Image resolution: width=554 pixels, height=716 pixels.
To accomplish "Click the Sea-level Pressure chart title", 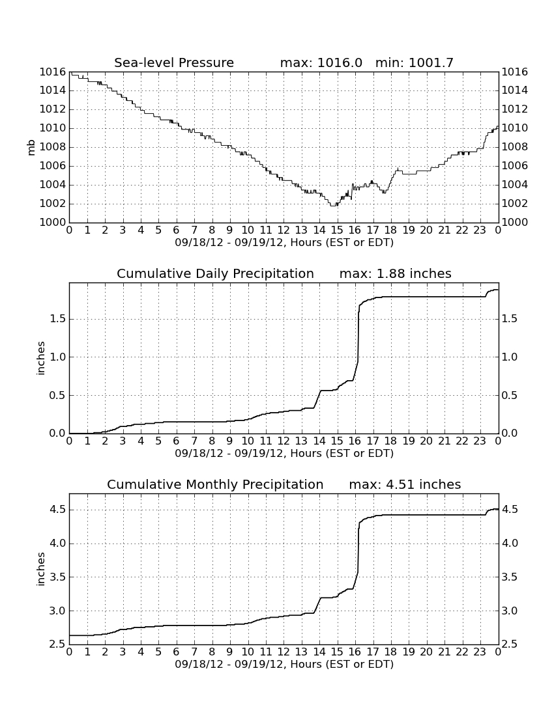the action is (x=174, y=62).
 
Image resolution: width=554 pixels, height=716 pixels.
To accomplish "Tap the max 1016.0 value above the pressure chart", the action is (x=321, y=62).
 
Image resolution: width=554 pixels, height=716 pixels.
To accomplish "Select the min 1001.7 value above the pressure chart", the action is (x=414, y=62).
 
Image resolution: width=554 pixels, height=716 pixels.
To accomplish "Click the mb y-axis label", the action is (x=31, y=147).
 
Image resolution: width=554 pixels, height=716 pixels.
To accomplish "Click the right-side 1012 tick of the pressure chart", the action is (x=515, y=109).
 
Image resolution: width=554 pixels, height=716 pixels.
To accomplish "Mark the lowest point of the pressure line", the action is (x=333, y=206).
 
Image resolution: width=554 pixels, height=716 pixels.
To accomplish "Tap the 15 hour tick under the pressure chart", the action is (x=337, y=230).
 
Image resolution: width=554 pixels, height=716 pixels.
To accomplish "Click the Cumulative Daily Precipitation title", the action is (x=215, y=273).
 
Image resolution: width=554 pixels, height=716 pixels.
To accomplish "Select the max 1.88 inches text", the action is (x=396, y=273).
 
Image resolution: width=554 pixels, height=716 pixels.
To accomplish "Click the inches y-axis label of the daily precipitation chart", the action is (x=41, y=359).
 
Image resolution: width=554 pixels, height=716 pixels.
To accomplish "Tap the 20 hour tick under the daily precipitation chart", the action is (x=426, y=441).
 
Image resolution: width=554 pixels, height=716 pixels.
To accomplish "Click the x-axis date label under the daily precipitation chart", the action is (x=284, y=454).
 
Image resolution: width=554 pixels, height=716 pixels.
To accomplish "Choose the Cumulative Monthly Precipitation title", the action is (x=215, y=484).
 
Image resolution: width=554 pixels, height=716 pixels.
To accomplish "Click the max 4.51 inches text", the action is (x=405, y=484).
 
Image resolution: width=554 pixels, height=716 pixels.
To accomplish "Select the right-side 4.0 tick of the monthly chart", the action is (x=510, y=544).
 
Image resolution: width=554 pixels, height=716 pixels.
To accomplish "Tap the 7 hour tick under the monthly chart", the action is (x=194, y=652).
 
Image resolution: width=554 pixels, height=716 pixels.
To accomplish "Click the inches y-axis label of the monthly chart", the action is (x=41, y=570).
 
